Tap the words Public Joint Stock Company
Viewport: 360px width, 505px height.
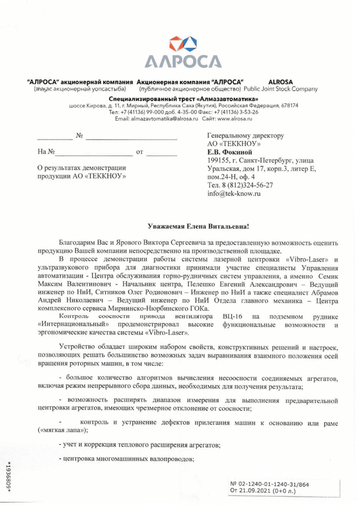click(281, 89)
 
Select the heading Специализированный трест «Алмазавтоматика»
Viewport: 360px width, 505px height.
click(179, 99)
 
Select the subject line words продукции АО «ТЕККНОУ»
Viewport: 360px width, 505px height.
click(81, 176)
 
